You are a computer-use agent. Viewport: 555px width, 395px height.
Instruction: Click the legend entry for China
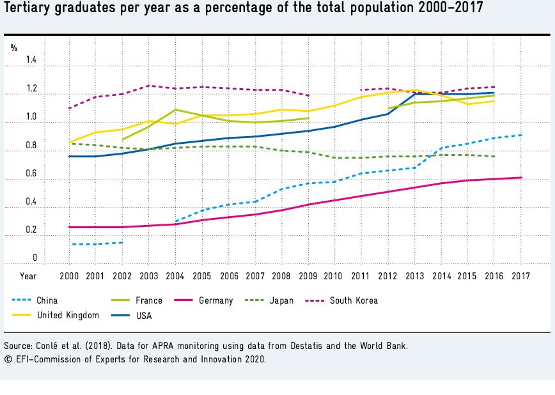coord(49,300)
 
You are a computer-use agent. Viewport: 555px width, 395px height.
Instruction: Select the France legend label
coord(149,300)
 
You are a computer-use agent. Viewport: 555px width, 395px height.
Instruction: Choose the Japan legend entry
coord(281,300)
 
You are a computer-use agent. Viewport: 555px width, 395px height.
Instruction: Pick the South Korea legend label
coord(354,300)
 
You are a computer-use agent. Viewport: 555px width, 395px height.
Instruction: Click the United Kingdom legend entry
coord(68,315)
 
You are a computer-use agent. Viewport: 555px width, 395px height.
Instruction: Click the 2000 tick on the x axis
coord(68,276)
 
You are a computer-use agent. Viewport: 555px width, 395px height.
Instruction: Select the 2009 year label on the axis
coord(309,276)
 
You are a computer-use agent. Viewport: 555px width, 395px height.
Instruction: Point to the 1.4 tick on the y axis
coord(31,61)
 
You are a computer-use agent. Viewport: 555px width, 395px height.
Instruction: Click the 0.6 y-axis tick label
coord(31,174)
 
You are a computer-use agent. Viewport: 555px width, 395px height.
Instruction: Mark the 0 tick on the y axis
coord(35,258)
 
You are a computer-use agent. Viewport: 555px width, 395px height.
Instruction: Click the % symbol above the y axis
coord(14,47)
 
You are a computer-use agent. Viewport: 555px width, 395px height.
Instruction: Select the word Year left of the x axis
coord(28,276)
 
